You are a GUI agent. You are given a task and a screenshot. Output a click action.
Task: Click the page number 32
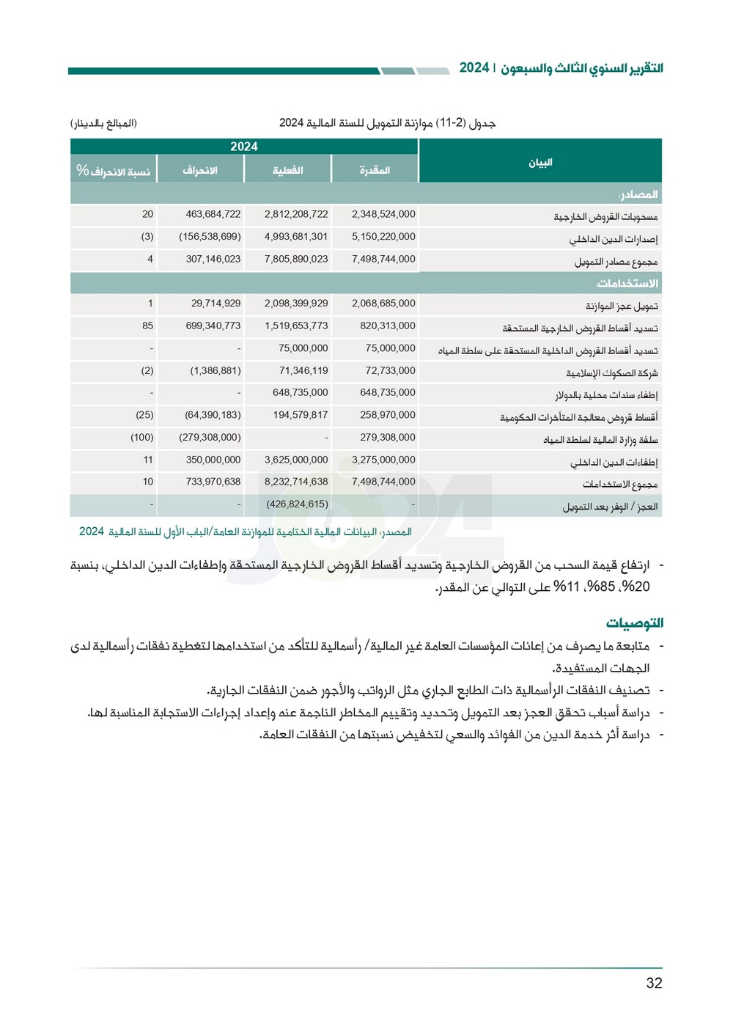654,983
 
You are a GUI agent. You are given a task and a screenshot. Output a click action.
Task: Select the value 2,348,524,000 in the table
383,214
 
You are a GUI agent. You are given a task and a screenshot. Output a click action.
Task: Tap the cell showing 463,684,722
213,214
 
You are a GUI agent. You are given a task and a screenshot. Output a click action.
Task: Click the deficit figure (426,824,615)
297,504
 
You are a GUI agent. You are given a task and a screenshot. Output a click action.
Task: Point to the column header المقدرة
375,170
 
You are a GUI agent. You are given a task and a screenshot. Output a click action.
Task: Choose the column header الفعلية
287,170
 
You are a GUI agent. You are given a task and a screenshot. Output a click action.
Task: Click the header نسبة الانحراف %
114,171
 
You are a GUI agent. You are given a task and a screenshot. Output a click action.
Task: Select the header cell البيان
540,162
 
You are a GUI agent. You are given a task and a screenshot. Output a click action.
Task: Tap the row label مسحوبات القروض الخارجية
605,217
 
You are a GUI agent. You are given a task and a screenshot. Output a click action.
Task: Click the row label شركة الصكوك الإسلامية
611,373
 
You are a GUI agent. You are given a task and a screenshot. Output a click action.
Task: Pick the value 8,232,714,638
296,482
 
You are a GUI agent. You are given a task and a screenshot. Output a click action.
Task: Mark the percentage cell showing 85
148,326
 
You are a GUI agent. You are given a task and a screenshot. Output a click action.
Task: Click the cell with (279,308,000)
210,437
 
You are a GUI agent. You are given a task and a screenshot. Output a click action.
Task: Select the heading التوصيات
634,622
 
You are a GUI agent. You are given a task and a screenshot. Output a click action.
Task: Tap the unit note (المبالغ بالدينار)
103,123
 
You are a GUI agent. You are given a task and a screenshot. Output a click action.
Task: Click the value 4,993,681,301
296,236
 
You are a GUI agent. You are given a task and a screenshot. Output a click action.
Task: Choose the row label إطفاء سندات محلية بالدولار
605,395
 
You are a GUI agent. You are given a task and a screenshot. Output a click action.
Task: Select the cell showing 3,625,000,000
296,460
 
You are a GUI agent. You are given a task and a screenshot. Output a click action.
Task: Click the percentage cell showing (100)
142,437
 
